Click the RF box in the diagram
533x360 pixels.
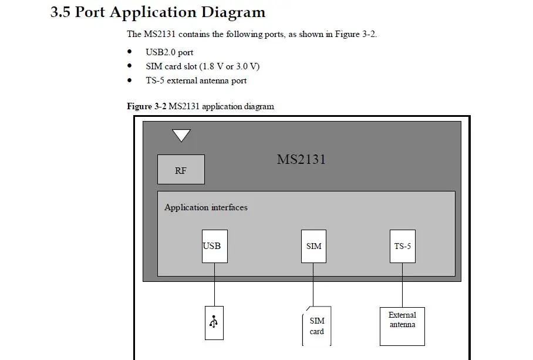pyautogui.click(x=181, y=170)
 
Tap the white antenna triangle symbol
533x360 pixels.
pyautogui.click(x=181, y=134)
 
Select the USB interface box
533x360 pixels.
pyautogui.click(x=214, y=246)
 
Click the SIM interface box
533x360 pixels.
pyautogui.click(x=313, y=246)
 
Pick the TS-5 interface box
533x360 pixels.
pyautogui.click(x=403, y=246)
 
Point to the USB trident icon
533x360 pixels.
pyautogui.click(x=214, y=322)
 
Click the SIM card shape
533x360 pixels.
pyautogui.click(x=316, y=326)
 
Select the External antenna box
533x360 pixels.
pyautogui.click(x=402, y=327)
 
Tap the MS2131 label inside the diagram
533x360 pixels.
pyautogui.click(x=301, y=159)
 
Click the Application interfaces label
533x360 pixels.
pyautogui.click(x=206, y=207)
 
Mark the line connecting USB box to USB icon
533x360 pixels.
pyautogui.click(x=214, y=284)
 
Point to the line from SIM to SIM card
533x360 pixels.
pyautogui.click(x=313, y=284)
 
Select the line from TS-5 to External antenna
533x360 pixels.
pyautogui.click(x=402, y=285)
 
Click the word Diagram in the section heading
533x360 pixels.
pyautogui.click(x=233, y=12)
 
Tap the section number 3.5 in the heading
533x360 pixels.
pyautogui.click(x=60, y=12)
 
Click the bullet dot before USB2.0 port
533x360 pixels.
pyautogui.click(x=130, y=52)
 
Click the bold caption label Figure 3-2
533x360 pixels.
pyautogui.click(x=147, y=106)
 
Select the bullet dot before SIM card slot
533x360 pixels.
pyautogui.click(x=130, y=66)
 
